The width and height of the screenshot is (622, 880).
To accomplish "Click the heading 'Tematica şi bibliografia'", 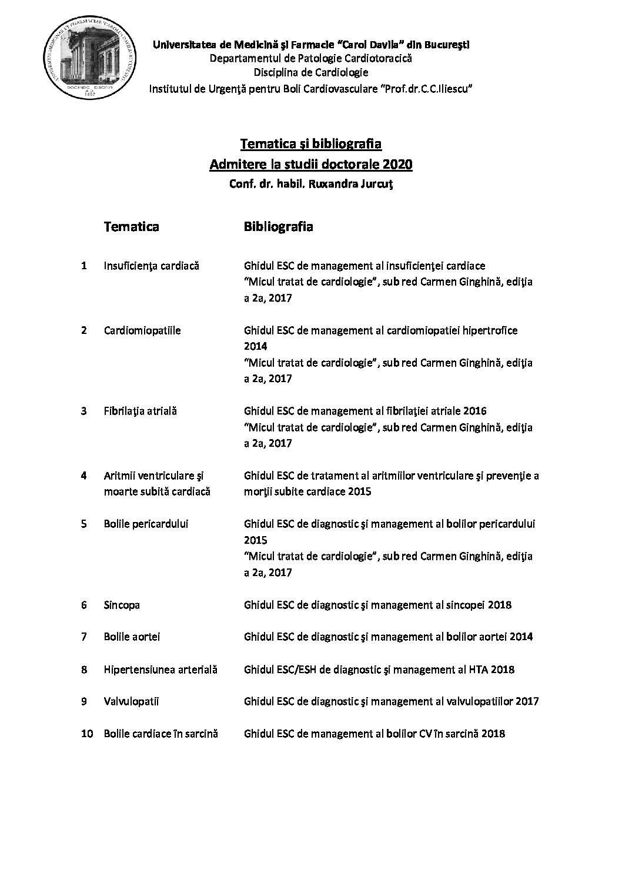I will point(311,143).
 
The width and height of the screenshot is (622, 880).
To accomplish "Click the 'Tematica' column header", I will point(131,226).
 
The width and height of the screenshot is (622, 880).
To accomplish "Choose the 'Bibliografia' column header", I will point(278,226).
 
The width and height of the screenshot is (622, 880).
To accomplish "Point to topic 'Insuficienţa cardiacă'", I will point(152,266).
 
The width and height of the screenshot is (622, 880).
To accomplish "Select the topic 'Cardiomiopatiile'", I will point(142,330).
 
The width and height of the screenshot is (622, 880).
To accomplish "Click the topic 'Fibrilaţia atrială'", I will point(141,411).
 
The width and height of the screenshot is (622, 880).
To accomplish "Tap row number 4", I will point(84,475).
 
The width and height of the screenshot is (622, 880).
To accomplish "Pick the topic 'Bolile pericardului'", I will point(146,524).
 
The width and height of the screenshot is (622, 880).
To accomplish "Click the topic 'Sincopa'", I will point(122,605).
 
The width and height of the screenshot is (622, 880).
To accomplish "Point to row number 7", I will point(84,637).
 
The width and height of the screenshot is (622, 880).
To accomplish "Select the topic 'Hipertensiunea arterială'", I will point(160,669).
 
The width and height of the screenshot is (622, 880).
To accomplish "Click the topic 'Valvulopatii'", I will point(132,701).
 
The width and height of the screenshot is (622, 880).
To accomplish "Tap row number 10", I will point(87,734).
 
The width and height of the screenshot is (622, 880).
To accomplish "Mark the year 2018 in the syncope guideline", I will point(499,605).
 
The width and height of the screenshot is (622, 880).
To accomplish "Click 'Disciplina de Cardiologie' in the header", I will point(311,73).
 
